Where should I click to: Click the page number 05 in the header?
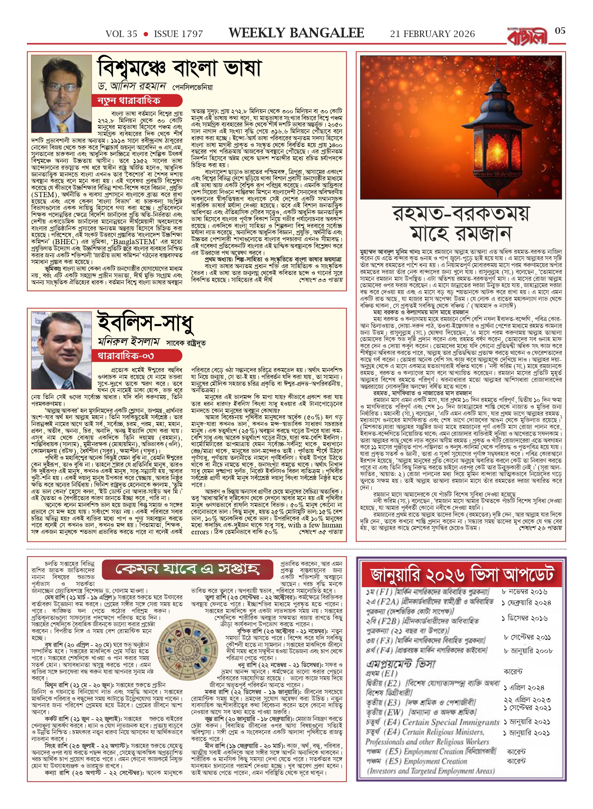click(x=560, y=31)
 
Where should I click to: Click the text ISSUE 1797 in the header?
click(x=178, y=34)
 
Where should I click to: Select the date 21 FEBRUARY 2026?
click(x=432, y=34)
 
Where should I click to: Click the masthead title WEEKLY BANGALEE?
click(x=296, y=33)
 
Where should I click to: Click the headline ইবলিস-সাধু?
click(x=146, y=323)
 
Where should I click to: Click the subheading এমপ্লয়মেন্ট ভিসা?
click(x=401, y=664)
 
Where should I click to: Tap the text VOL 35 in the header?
click(x=121, y=34)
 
